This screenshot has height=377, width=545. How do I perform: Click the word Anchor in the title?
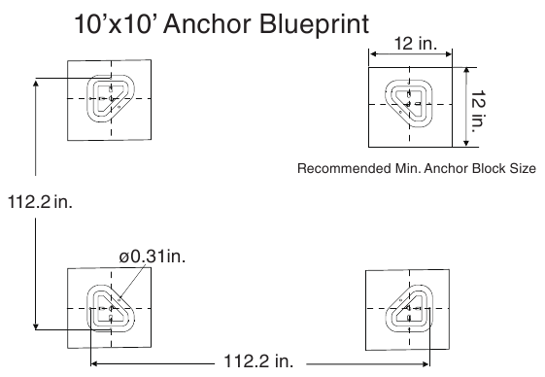point(208,24)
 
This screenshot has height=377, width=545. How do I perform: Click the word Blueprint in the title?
point(315,25)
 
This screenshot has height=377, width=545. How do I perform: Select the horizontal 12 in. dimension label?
point(416,44)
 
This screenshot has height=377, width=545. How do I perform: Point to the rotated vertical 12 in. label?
point(478,111)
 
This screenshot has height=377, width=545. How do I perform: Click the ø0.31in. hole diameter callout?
point(153,257)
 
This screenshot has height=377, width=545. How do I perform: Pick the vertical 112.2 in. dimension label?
point(40,202)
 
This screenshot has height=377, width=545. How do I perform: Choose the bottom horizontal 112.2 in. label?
point(258,361)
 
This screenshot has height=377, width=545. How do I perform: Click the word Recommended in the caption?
point(344,168)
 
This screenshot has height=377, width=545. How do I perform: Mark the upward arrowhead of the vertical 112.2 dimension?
point(35,84)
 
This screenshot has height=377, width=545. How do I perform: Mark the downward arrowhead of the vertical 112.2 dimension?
point(35,326)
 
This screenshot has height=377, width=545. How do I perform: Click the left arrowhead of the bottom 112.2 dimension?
point(94,363)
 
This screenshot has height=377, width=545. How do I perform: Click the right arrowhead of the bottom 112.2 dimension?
point(426,364)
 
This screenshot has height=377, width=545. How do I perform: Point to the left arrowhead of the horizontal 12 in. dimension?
point(373,53)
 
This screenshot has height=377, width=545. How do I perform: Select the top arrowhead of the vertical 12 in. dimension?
point(466,71)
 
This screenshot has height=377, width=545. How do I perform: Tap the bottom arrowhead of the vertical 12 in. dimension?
point(466,143)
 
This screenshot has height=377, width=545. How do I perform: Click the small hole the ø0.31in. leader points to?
point(119,300)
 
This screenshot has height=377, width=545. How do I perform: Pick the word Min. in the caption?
point(408,168)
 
